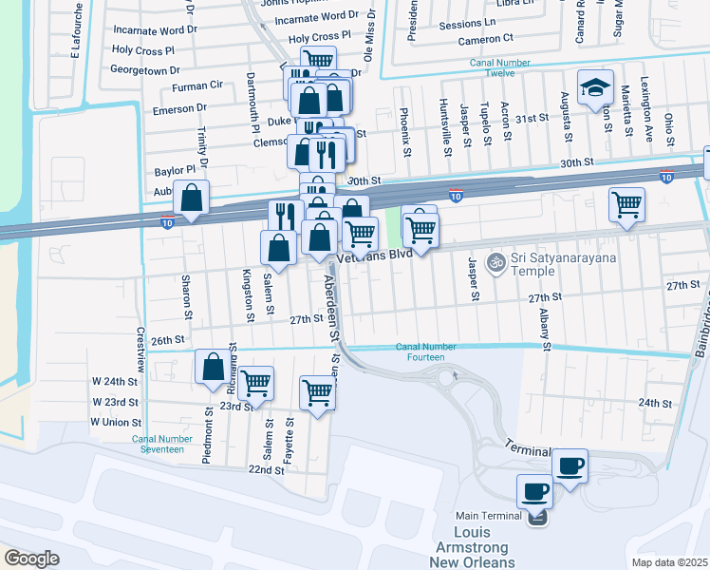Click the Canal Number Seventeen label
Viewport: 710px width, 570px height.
click(x=158, y=444)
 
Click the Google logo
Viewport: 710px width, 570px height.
click(x=31, y=558)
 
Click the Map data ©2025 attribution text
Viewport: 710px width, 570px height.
click(x=669, y=562)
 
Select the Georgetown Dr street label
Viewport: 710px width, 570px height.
click(x=145, y=70)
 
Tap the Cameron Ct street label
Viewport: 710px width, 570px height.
click(x=484, y=38)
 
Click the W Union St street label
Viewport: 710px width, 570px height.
click(x=116, y=422)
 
